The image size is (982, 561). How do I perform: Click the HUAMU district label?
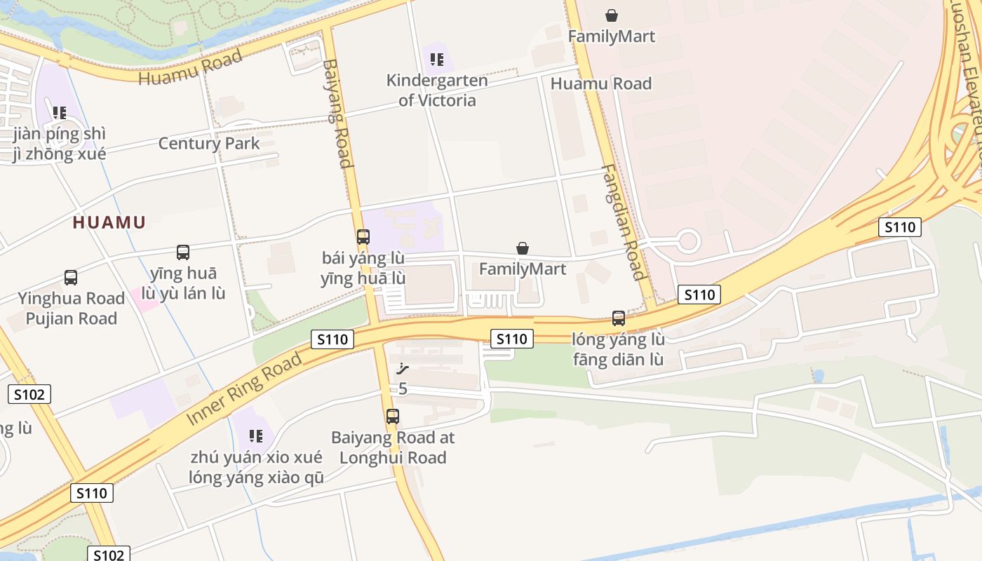(109, 223)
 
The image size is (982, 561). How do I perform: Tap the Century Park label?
(209, 144)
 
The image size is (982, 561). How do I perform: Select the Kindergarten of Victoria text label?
(437, 90)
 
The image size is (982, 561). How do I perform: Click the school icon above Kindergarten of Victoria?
(437, 60)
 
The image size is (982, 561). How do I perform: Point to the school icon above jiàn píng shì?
(60, 112)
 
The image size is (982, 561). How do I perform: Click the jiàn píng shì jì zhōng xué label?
(60, 144)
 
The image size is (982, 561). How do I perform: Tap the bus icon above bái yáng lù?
(363, 237)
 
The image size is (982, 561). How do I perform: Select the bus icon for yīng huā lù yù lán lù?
(183, 252)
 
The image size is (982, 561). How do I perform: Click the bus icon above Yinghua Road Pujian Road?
(71, 278)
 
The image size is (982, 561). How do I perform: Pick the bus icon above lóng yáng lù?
(618, 318)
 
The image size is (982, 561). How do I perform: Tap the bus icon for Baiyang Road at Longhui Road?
(393, 417)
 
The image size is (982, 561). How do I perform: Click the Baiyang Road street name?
(337, 114)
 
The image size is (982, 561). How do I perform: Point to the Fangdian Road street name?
(624, 222)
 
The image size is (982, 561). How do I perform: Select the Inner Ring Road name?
(245, 388)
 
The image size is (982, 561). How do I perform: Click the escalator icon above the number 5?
(402, 369)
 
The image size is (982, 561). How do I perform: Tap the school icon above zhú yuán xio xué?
(256, 436)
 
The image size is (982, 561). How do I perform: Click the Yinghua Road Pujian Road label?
(72, 309)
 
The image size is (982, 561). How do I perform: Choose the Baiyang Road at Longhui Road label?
(393, 447)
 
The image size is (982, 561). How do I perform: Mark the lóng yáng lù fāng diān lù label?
(618, 350)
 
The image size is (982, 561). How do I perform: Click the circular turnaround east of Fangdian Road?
(688, 241)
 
